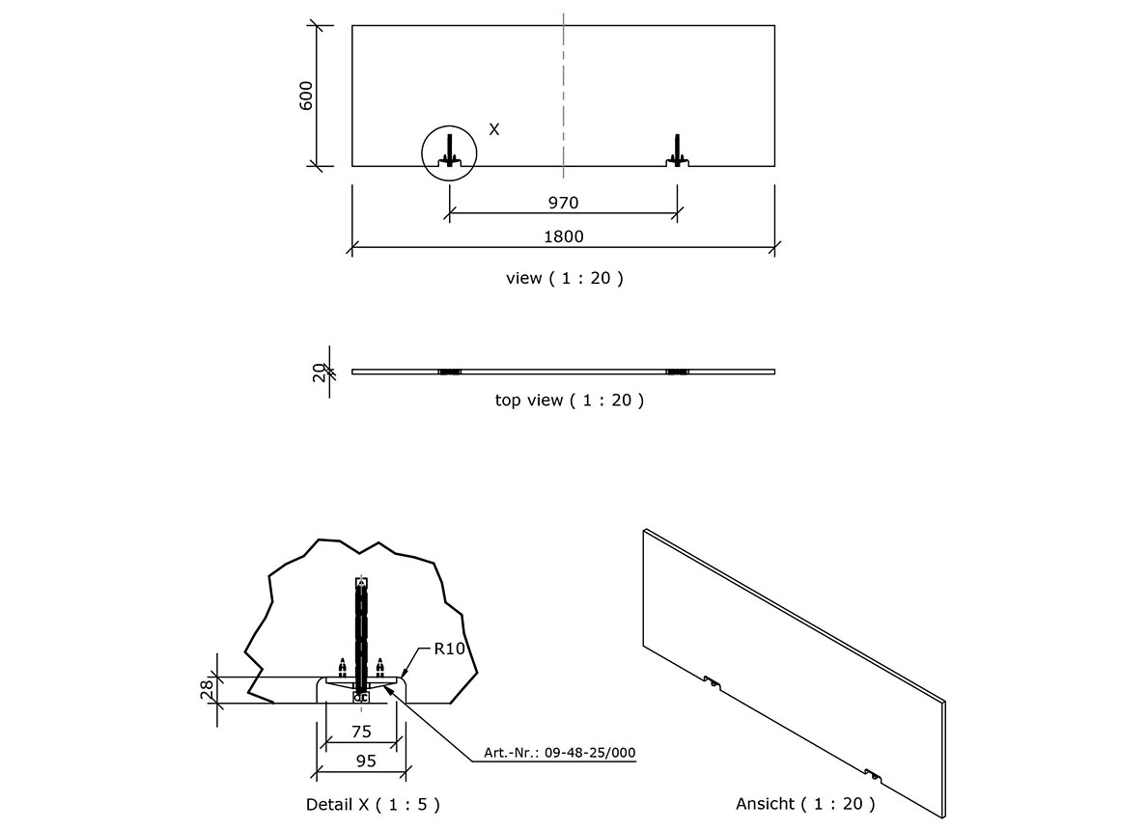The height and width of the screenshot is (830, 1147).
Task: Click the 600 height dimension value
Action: pos(306,97)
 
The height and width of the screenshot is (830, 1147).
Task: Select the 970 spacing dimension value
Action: pos(563,203)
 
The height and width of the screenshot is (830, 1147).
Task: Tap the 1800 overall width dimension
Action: pos(564,236)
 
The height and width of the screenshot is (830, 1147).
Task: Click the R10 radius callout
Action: pos(450,650)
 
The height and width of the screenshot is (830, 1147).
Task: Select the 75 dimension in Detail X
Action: pos(360,732)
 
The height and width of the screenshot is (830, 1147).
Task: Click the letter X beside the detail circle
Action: pos(493,128)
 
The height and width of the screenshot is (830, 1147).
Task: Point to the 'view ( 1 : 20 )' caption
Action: pos(565,278)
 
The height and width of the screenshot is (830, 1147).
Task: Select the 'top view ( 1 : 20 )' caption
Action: pos(569,400)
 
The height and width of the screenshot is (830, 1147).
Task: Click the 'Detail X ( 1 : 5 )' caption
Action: pos(373,803)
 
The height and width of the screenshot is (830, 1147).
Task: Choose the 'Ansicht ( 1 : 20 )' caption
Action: pos(805,803)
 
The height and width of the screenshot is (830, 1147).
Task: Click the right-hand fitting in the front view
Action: pos(678,151)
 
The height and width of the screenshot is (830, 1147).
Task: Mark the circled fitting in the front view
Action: pos(449,151)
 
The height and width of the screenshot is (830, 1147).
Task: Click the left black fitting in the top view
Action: pos(449,372)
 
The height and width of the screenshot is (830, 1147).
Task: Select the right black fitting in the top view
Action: pos(678,372)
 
